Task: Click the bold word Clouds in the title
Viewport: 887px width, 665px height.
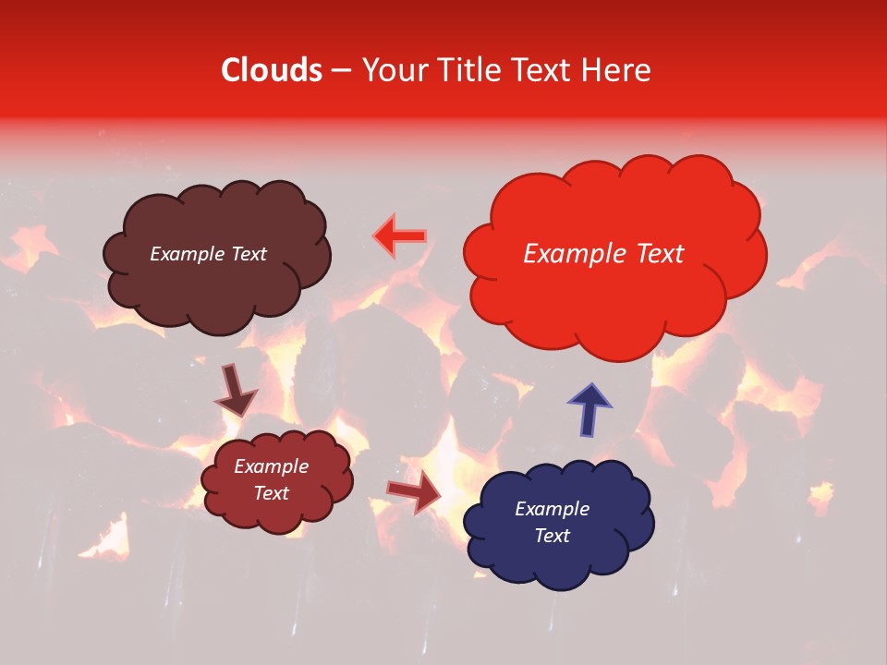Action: pos(272,70)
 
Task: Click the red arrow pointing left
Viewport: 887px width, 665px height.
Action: pos(399,236)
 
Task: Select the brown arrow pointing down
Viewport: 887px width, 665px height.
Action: pos(236,390)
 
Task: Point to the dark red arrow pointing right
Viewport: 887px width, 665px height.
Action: pos(415,491)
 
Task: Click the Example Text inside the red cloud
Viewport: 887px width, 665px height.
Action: pos(603,254)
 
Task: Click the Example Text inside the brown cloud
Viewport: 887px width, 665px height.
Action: pos(208,254)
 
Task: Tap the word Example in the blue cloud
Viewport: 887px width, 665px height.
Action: pos(552,509)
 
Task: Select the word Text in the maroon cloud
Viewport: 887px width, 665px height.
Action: pos(271,493)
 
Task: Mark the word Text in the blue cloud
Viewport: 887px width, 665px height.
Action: pos(552,536)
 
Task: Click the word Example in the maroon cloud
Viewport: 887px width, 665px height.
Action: pos(271,466)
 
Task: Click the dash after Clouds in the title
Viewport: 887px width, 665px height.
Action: pos(341,71)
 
